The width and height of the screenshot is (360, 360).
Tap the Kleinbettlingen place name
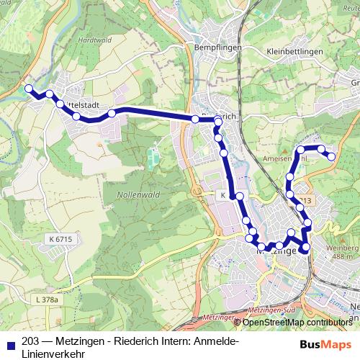tap(297, 52)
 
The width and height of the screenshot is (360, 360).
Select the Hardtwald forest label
tap(94, 40)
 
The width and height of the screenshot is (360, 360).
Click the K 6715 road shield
tap(63, 238)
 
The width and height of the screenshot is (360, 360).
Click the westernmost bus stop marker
tap(29, 89)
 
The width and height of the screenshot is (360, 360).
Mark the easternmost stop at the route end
tap(332, 156)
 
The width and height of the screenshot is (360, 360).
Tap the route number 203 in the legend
tap(31, 341)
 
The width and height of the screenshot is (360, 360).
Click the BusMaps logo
tap(328, 343)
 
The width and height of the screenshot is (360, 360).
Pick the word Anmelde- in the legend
tap(214, 341)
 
